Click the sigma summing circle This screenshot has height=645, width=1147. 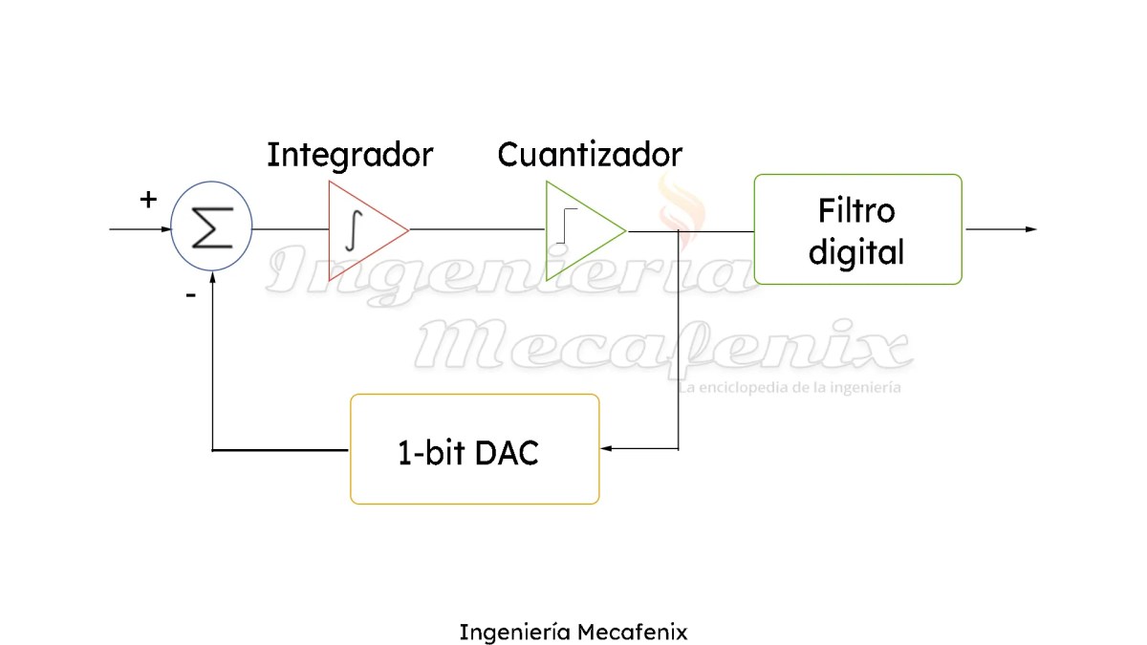point(211,230)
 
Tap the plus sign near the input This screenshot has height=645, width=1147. point(148,200)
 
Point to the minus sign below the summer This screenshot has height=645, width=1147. point(191,295)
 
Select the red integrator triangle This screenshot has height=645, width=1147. point(363,230)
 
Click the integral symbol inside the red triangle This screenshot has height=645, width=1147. point(353,229)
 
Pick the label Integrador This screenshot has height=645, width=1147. point(350,154)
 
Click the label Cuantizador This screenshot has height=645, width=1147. point(590,154)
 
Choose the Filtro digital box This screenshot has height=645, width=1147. point(857,229)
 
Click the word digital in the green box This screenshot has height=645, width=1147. point(856,252)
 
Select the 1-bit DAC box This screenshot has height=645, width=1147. point(475,449)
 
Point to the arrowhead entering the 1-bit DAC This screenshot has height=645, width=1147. point(605,448)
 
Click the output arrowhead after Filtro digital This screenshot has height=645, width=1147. point(1030,229)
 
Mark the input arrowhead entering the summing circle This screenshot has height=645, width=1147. point(164,230)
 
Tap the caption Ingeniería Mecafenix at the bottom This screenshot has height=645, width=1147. point(573,632)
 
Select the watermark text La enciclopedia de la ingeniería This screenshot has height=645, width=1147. point(790,388)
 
